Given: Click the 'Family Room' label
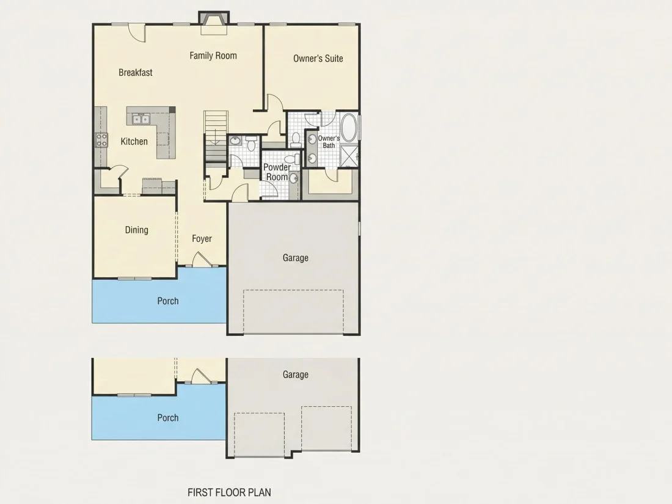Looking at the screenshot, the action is [x=213, y=56].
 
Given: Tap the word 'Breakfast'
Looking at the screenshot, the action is [x=136, y=73].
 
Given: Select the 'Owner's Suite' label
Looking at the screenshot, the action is [x=318, y=58].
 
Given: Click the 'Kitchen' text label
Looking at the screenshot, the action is [x=134, y=142].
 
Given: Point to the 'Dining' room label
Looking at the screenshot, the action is [x=137, y=230].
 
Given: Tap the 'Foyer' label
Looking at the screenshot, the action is [x=202, y=239].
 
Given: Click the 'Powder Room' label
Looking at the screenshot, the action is [x=277, y=172].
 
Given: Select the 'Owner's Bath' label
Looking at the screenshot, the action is [x=329, y=142].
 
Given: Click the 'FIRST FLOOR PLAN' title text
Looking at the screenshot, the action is [x=229, y=492].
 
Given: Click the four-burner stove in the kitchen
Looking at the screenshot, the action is [x=101, y=140].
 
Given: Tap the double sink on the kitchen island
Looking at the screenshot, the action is [x=141, y=119].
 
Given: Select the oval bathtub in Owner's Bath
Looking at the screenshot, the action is [x=348, y=128].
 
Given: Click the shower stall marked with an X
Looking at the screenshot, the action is [x=349, y=156].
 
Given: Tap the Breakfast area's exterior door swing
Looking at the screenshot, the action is [x=137, y=32].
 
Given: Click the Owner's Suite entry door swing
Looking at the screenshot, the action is [x=275, y=103].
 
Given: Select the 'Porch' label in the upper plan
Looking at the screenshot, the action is [x=168, y=301].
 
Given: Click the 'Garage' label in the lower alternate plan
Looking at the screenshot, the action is [x=295, y=374].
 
